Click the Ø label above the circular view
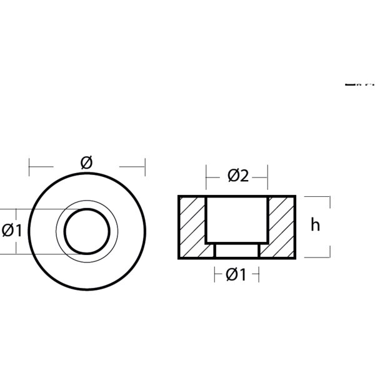(x=87, y=162)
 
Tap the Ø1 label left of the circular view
(x=12, y=231)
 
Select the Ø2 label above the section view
(x=238, y=176)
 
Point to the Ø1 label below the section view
(x=236, y=274)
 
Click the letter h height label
(x=315, y=226)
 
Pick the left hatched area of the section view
(x=192, y=227)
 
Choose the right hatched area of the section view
(x=282, y=227)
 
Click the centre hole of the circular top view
(x=87, y=231)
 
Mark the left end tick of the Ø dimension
(x=29, y=166)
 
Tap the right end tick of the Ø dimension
(x=145, y=166)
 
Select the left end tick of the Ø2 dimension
(x=206, y=176)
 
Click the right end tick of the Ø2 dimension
(x=267, y=176)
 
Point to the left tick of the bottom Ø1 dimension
(x=214, y=274)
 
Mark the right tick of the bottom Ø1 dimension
(x=258, y=274)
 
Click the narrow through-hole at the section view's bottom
(x=236, y=251)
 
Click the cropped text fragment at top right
(x=359, y=82)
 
